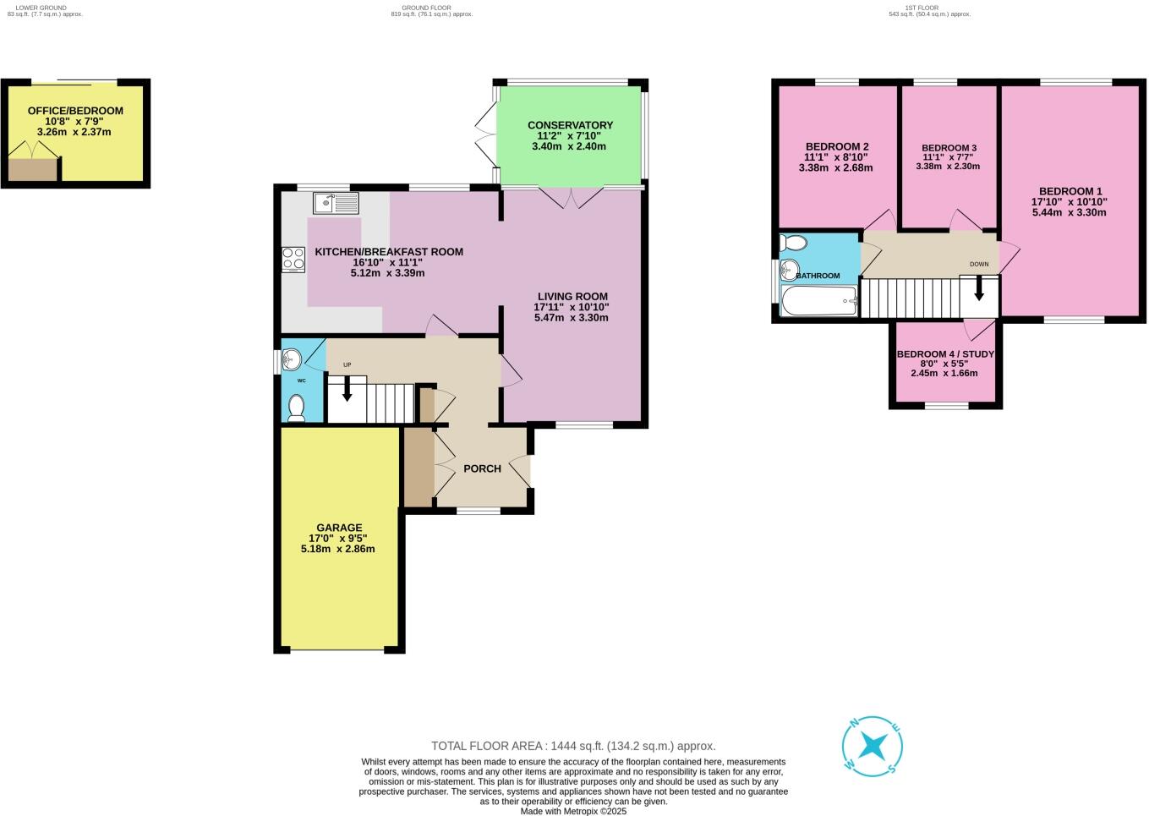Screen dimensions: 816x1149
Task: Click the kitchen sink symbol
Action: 336,203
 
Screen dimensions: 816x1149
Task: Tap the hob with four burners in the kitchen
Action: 293,259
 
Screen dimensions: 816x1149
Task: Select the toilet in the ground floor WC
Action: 296,408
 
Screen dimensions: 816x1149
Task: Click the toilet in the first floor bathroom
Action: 793,244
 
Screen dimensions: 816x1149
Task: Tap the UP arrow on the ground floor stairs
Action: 347,389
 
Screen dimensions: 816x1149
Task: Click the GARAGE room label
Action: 339,528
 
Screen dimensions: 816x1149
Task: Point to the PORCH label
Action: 482,468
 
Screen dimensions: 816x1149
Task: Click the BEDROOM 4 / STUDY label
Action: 944,354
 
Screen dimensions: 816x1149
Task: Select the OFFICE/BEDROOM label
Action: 75,111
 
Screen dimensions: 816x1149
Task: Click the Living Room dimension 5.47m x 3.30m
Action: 572,318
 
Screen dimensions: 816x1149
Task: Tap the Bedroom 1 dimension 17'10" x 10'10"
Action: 1069,201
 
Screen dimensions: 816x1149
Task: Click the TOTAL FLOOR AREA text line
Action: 573,746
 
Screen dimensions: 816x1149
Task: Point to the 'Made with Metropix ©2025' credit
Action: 573,811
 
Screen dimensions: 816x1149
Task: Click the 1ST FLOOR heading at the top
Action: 928,8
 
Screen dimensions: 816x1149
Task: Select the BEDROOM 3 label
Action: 949,148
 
